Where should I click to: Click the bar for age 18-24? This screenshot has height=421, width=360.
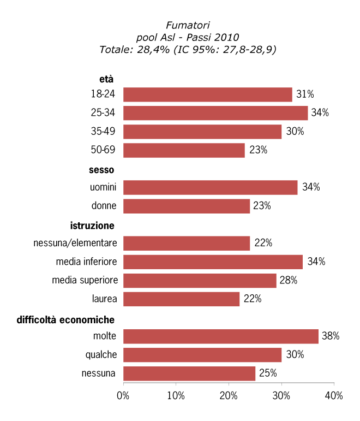click(x=207, y=94)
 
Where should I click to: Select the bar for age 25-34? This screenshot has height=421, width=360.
click(x=215, y=113)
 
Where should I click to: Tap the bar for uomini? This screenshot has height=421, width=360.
click(x=210, y=187)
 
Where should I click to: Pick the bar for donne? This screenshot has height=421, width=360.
click(x=186, y=206)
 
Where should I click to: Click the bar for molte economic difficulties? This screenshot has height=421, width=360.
click(x=220, y=336)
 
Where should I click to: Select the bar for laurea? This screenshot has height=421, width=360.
click(x=181, y=299)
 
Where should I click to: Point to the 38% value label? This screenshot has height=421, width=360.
click(x=331, y=336)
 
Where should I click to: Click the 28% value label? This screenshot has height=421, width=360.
click(x=287, y=281)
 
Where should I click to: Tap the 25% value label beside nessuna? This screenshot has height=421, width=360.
click(x=268, y=373)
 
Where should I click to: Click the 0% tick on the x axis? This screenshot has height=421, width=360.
click(x=123, y=396)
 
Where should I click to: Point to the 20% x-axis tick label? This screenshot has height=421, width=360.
click(x=229, y=396)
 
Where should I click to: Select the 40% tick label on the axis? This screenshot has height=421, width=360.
click(x=334, y=396)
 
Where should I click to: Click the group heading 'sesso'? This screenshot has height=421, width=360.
click(x=101, y=170)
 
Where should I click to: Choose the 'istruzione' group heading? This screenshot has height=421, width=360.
click(x=92, y=226)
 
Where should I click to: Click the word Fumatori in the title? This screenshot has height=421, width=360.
click(x=188, y=25)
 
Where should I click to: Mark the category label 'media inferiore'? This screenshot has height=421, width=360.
click(x=86, y=262)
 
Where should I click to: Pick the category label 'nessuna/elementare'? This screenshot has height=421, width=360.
click(x=75, y=243)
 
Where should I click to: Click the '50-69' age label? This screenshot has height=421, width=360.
click(x=104, y=150)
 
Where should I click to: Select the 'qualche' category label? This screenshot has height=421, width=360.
click(x=101, y=355)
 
